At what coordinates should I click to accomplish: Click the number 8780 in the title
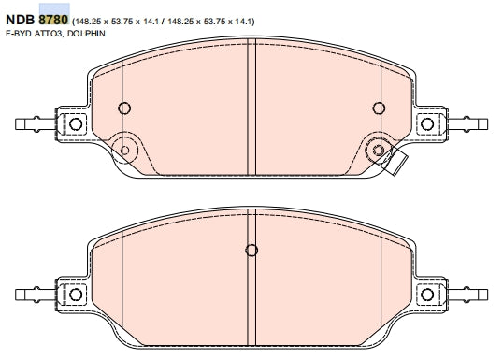(53, 20)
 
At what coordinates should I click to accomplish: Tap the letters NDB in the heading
(21, 20)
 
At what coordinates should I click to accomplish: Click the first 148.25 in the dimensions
(88, 22)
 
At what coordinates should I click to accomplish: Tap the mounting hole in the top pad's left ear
(76, 123)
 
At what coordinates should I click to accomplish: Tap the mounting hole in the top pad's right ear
(427, 123)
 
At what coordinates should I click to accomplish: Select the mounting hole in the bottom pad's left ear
(76, 295)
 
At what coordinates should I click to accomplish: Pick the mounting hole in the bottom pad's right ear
(427, 295)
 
